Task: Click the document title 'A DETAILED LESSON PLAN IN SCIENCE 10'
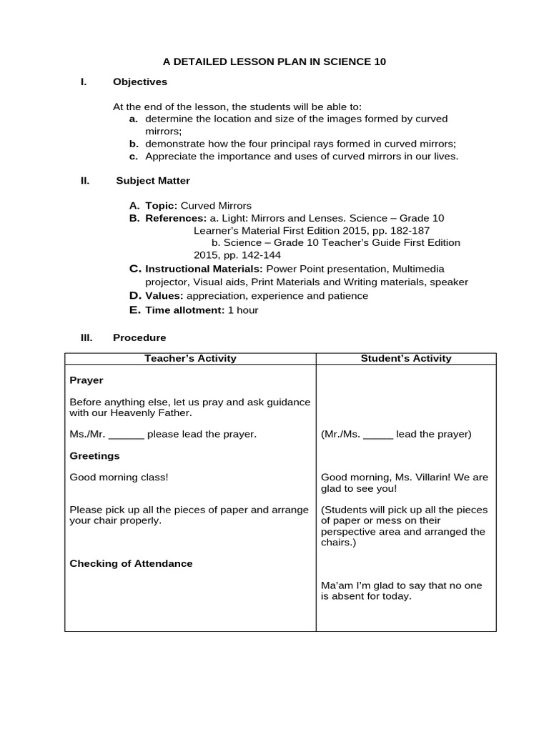coord(274,61)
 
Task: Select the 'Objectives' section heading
coord(140,82)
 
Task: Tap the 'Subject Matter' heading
coord(153,181)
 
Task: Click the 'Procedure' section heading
coord(139,337)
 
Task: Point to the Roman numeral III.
coord(85,337)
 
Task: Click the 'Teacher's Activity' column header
coord(190,358)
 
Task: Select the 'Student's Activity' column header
coord(406,358)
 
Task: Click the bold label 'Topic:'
coord(161,206)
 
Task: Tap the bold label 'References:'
coord(176,217)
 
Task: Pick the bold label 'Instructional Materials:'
coord(204,269)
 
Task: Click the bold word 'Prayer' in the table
coord(86,380)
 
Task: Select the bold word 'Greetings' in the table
coord(94,455)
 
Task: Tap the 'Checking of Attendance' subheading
coord(131,563)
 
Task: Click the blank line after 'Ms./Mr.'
coord(127,435)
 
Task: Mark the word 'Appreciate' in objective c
coord(169,156)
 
